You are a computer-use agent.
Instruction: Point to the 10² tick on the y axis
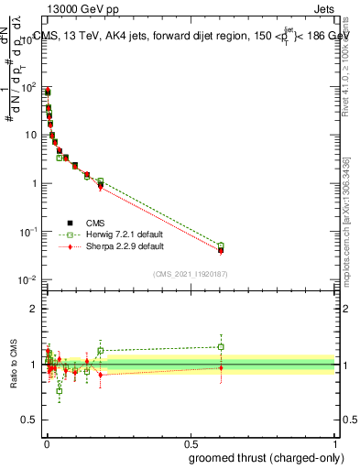coord(28,88)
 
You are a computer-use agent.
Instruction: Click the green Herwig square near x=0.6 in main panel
coord(221,245)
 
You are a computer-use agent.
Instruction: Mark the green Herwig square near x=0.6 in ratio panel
coord(221,347)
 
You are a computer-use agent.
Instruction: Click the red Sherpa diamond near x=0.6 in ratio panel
coord(221,368)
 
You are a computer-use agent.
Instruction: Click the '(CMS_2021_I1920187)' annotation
coord(191,273)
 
